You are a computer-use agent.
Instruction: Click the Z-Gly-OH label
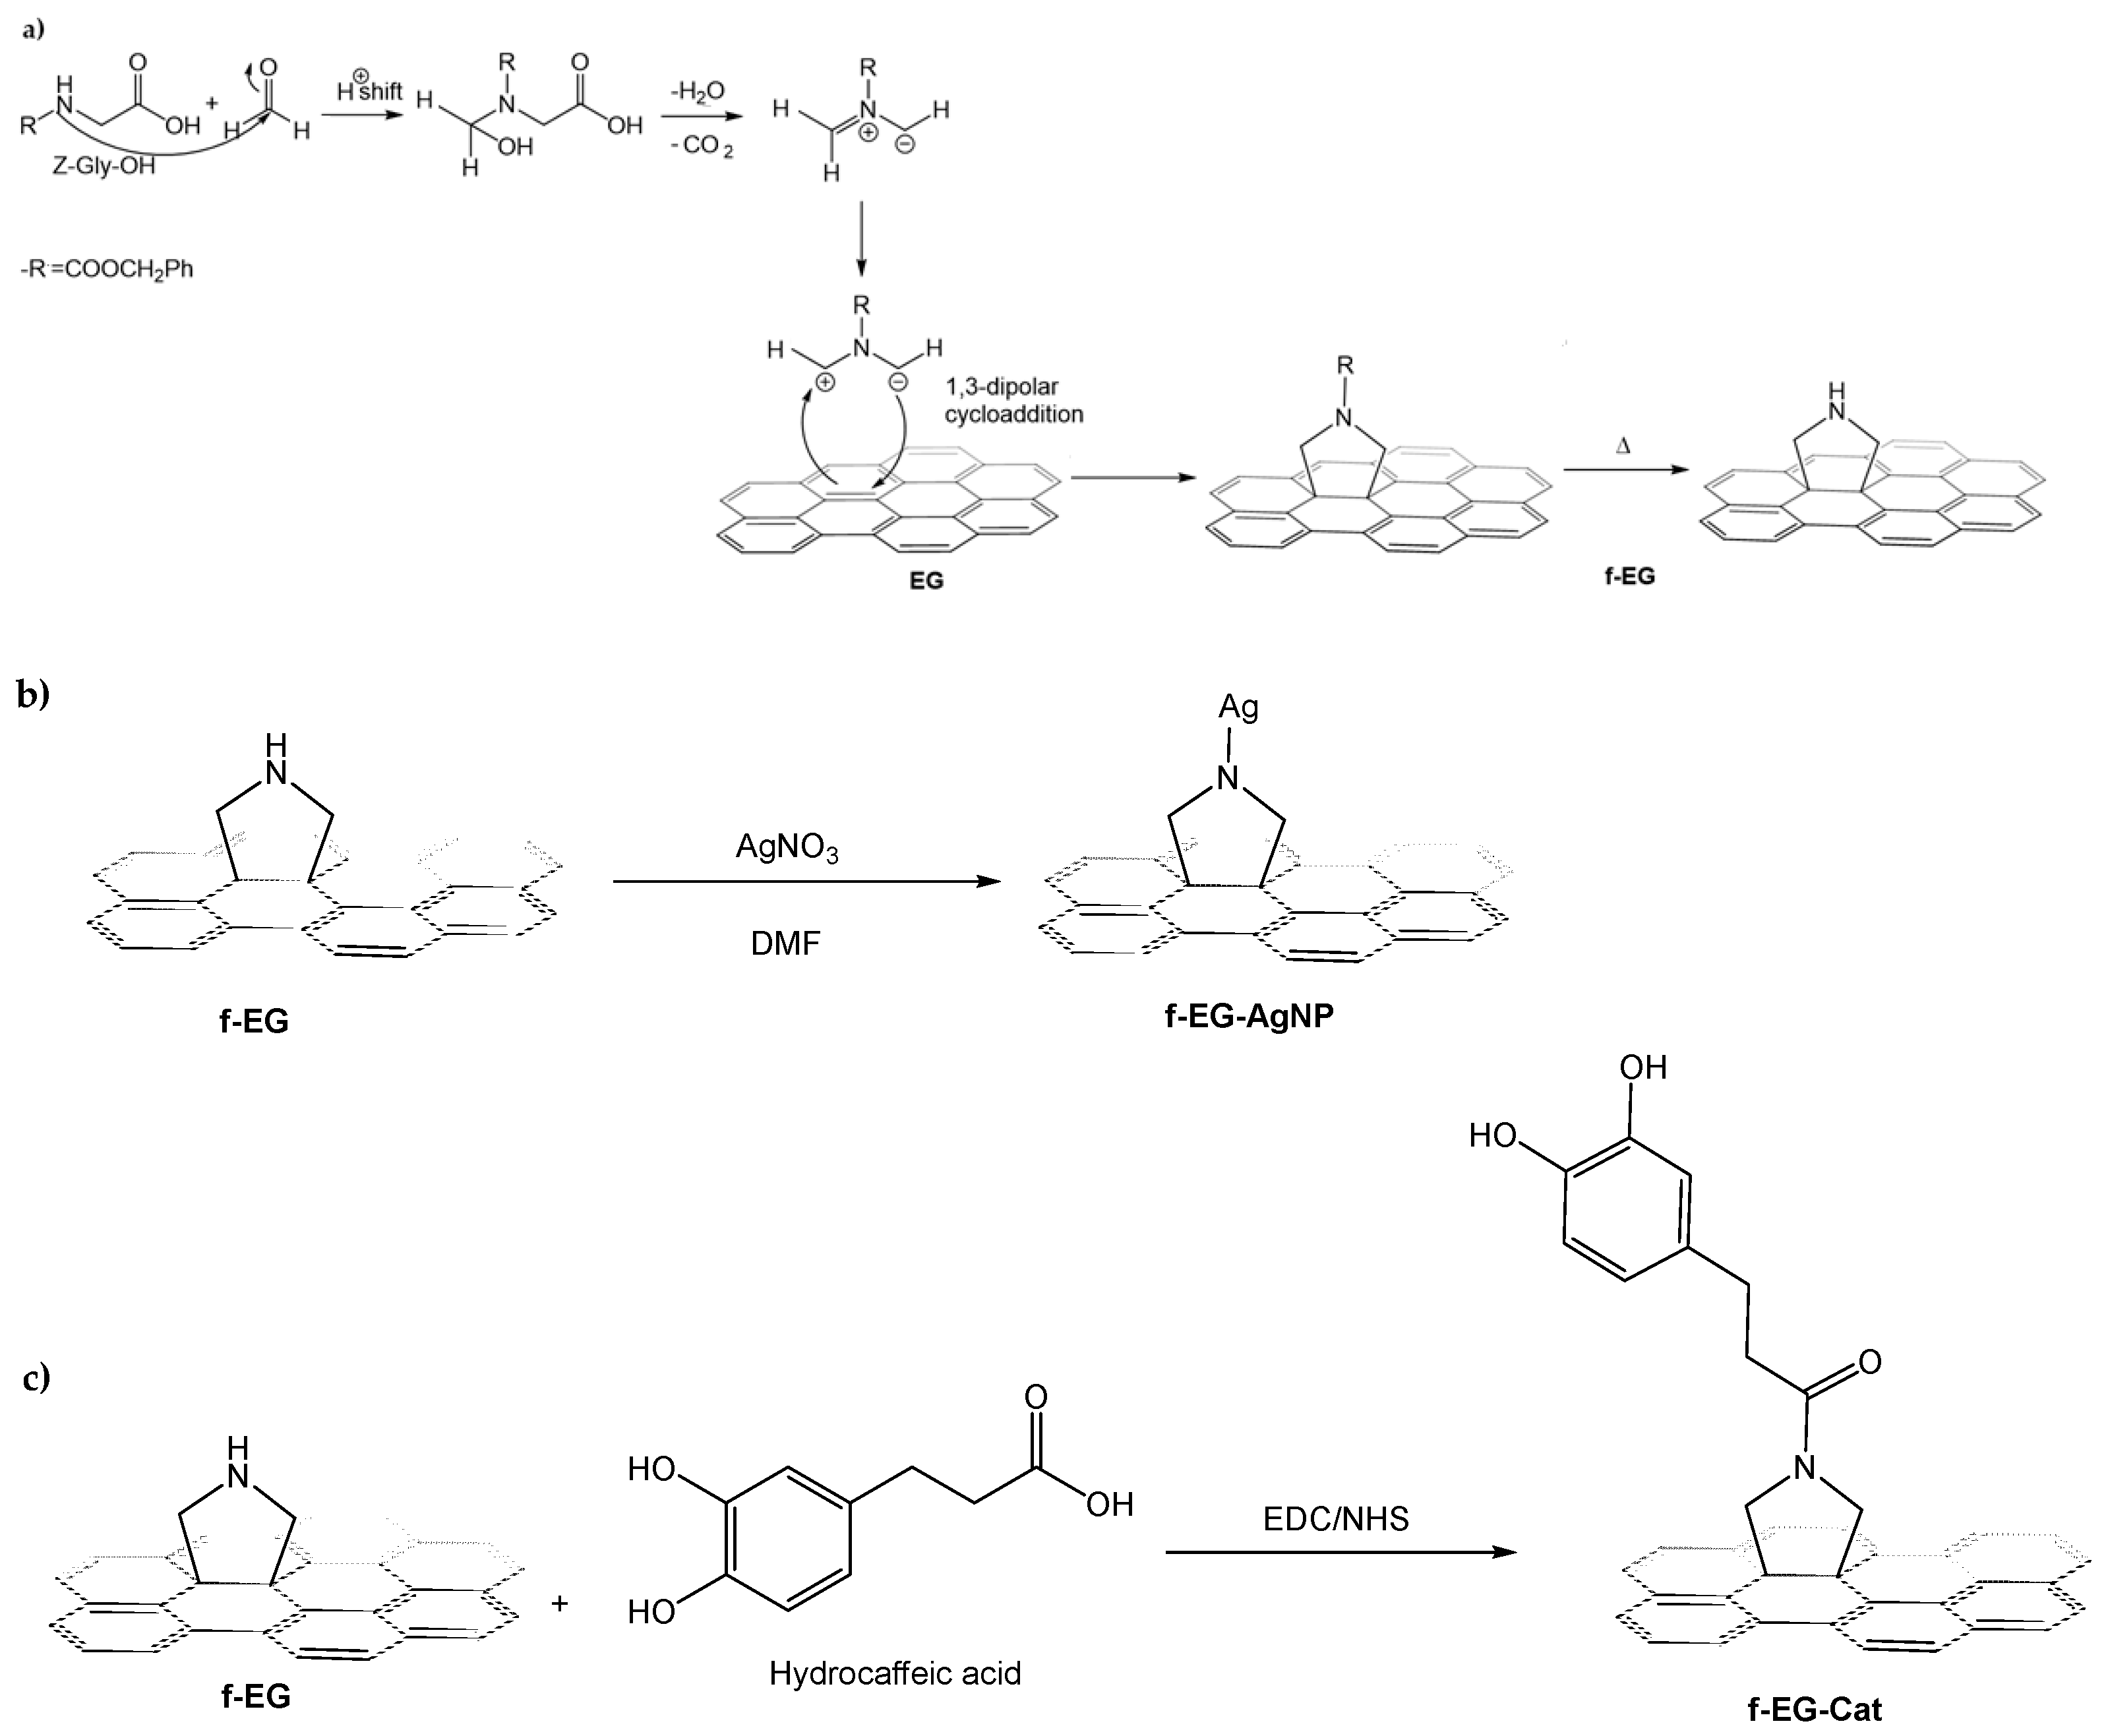(104, 166)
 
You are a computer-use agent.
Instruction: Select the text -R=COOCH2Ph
(107, 269)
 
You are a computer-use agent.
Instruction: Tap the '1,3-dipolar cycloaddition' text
(1013, 400)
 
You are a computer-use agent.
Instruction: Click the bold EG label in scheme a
(926, 580)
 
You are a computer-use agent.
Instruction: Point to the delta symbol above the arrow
(1622, 446)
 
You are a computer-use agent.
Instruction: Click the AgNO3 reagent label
(787, 848)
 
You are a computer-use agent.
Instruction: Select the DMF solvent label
(785, 943)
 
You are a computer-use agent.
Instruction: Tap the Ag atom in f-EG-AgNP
(1238, 707)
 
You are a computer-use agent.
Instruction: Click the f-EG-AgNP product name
(1249, 1016)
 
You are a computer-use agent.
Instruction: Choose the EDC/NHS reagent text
(1335, 1519)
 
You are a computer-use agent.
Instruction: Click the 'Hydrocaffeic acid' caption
(895, 1673)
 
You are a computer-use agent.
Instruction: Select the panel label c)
(36, 1378)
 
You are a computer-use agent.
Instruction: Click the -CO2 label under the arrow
(702, 146)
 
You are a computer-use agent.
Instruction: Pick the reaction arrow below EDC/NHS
(1340, 1552)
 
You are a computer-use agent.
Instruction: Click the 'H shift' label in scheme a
(369, 90)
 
